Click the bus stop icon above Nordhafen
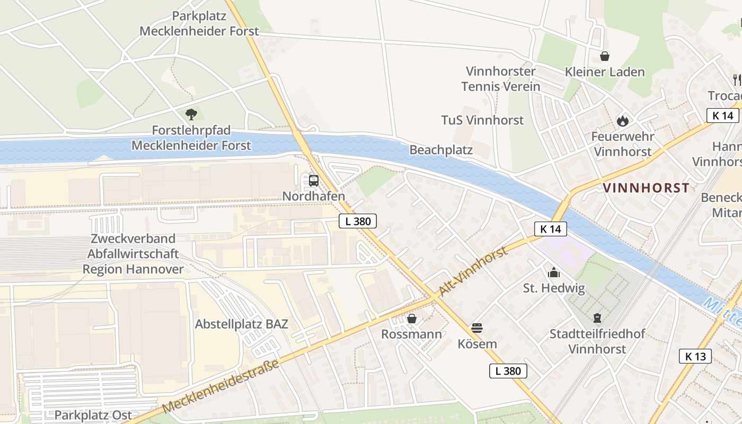(x=314, y=181)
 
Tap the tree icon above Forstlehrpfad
(x=191, y=114)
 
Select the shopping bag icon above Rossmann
(x=411, y=319)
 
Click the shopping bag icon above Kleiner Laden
(x=604, y=56)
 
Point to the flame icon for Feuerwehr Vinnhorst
(x=622, y=121)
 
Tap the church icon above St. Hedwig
(x=554, y=273)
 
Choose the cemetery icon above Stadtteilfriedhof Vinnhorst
(x=597, y=318)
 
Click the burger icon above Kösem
(x=477, y=328)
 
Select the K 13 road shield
(x=695, y=356)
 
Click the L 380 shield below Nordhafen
(x=358, y=221)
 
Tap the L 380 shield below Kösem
(x=508, y=371)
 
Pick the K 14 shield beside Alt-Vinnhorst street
(x=551, y=229)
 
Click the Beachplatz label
(x=441, y=150)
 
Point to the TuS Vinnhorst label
(x=482, y=120)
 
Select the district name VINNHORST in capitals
(x=646, y=188)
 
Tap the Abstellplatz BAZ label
(x=242, y=324)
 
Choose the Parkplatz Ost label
(x=93, y=415)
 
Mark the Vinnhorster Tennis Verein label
(x=500, y=78)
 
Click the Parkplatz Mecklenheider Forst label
(x=199, y=23)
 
